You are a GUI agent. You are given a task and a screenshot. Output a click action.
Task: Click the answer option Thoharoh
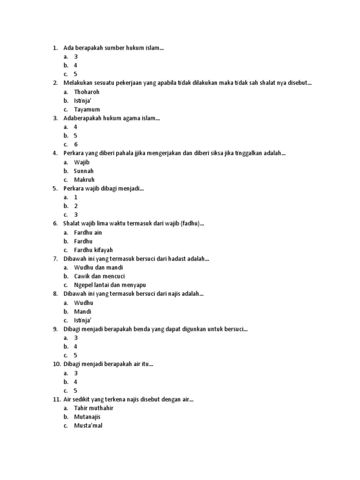click(x=87, y=92)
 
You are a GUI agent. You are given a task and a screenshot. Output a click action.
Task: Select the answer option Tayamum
click(x=87, y=109)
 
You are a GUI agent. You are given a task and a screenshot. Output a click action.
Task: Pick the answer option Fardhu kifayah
click(x=93, y=250)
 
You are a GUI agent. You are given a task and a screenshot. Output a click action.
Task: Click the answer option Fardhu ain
click(x=88, y=232)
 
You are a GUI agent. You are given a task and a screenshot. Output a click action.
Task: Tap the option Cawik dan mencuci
click(x=99, y=276)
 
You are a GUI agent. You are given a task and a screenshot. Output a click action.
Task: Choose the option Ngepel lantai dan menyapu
click(x=110, y=285)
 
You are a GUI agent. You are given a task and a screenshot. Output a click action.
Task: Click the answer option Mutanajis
click(x=87, y=417)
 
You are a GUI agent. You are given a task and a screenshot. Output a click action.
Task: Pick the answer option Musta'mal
click(x=88, y=426)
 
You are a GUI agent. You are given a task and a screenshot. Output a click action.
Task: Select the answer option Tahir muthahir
click(x=94, y=408)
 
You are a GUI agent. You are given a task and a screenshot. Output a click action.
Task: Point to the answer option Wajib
click(x=82, y=162)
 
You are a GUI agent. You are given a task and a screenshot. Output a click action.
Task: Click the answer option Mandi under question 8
click(x=82, y=311)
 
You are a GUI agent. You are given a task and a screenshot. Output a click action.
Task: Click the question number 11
click(x=56, y=399)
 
